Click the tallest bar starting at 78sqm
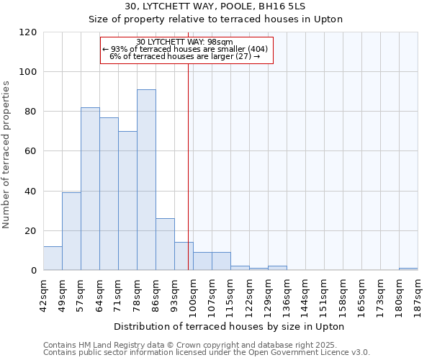pyautogui.click(x=146, y=180)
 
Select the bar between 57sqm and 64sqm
pyautogui.click(x=90, y=189)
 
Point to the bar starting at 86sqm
pyautogui.click(x=165, y=244)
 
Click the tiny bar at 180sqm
pyautogui.click(x=408, y=269)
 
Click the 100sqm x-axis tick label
pyautogui.click(x=193, y=294)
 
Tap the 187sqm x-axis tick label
pyautogui.click(x=418, y=294)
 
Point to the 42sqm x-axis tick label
pyautogui.click(x=43, y=294)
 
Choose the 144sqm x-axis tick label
pyautogui.click(x=305, y=294)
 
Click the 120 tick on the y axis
pyautogui.click(x=28, y=32)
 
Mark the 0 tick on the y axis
pyautogui.click(x=33, y=271)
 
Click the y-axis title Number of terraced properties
pyautogui.click(x=6, y=155)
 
